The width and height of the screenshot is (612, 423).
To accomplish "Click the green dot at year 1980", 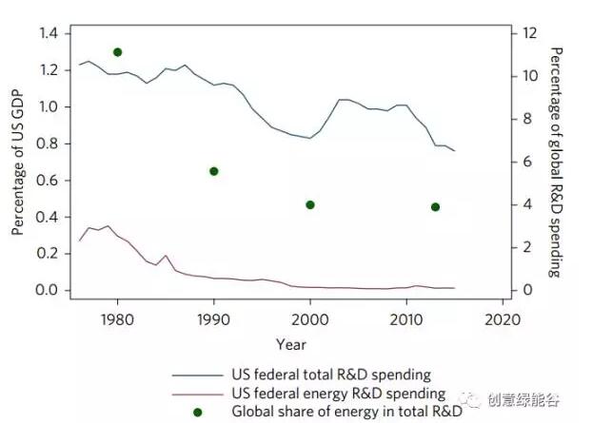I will click(x=117, y=52).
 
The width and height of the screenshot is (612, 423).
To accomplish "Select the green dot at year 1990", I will click(x=214, y=171).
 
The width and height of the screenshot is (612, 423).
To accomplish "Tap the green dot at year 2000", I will click(x=310, y=204).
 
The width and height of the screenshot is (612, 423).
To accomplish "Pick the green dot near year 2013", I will click(x=435, y=206).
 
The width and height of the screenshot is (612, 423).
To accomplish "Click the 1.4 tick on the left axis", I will click(x=48, y=33).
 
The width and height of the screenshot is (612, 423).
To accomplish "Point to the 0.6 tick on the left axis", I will click(x=48, y=181).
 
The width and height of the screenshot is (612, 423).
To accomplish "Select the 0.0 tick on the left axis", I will click(x=48, y=290).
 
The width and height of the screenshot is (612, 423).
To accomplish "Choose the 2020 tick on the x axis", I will click(x=503, y=317).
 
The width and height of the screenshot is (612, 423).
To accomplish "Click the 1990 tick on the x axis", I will click(x=214, y=317).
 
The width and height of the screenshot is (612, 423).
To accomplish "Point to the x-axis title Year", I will click(x=290, y=343).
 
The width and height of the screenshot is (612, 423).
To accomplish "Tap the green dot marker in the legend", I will click(x=198, y=412).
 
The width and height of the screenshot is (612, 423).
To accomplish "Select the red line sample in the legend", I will click(x=198, y=393).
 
